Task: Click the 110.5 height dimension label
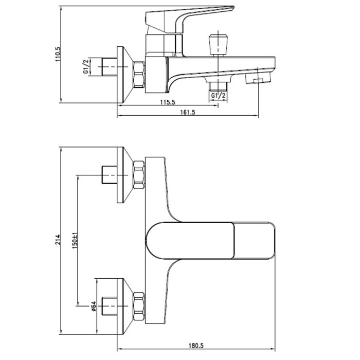[x=58, y=54]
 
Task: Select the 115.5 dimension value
[x=168, y=102]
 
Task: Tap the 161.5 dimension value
[x=188, y=112]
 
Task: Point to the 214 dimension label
[x=58, y=240]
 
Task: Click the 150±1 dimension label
[x=75, y=241]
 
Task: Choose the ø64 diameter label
[x=94, y=307]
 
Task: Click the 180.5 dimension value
[x=196, y=346]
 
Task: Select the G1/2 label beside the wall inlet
[x=86, y=66]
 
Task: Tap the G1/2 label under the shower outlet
[x=218, y=96]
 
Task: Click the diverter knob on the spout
[x=218, y=45]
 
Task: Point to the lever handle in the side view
[x=187, y=20]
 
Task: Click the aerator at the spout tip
[x=258, y=78]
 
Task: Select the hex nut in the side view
[x=139, y=75]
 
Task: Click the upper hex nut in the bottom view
[x=139, y=175]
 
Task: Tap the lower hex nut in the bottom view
[x=139, y=307]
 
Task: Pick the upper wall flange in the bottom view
[x=124, y=175]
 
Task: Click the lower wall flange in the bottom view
[x=124, y=307]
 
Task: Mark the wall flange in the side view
[x=124, y=75]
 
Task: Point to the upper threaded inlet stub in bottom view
[x=109, y=175]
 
